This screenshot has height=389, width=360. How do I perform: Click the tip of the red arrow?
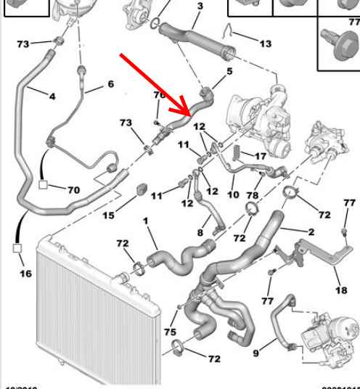click(x=190, y=115)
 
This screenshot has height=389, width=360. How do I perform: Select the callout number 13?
click(x=265, y=44)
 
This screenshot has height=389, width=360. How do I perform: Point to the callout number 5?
click(x=229, y=71)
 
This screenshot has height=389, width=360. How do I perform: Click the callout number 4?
click(x=52, y=95)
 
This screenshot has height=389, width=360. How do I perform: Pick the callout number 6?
click(x=110, y=84)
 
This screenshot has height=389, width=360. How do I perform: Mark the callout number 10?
click(x=232, y=195)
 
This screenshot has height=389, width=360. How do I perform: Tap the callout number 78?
click(x=253, y=195)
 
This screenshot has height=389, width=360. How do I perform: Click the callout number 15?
click(x=107, y=215)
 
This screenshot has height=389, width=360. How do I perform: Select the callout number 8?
click(x=201, y=233)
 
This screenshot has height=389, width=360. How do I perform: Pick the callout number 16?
click(x=26, y=274)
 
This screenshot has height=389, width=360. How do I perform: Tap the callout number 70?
click(x=73, y=190)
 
